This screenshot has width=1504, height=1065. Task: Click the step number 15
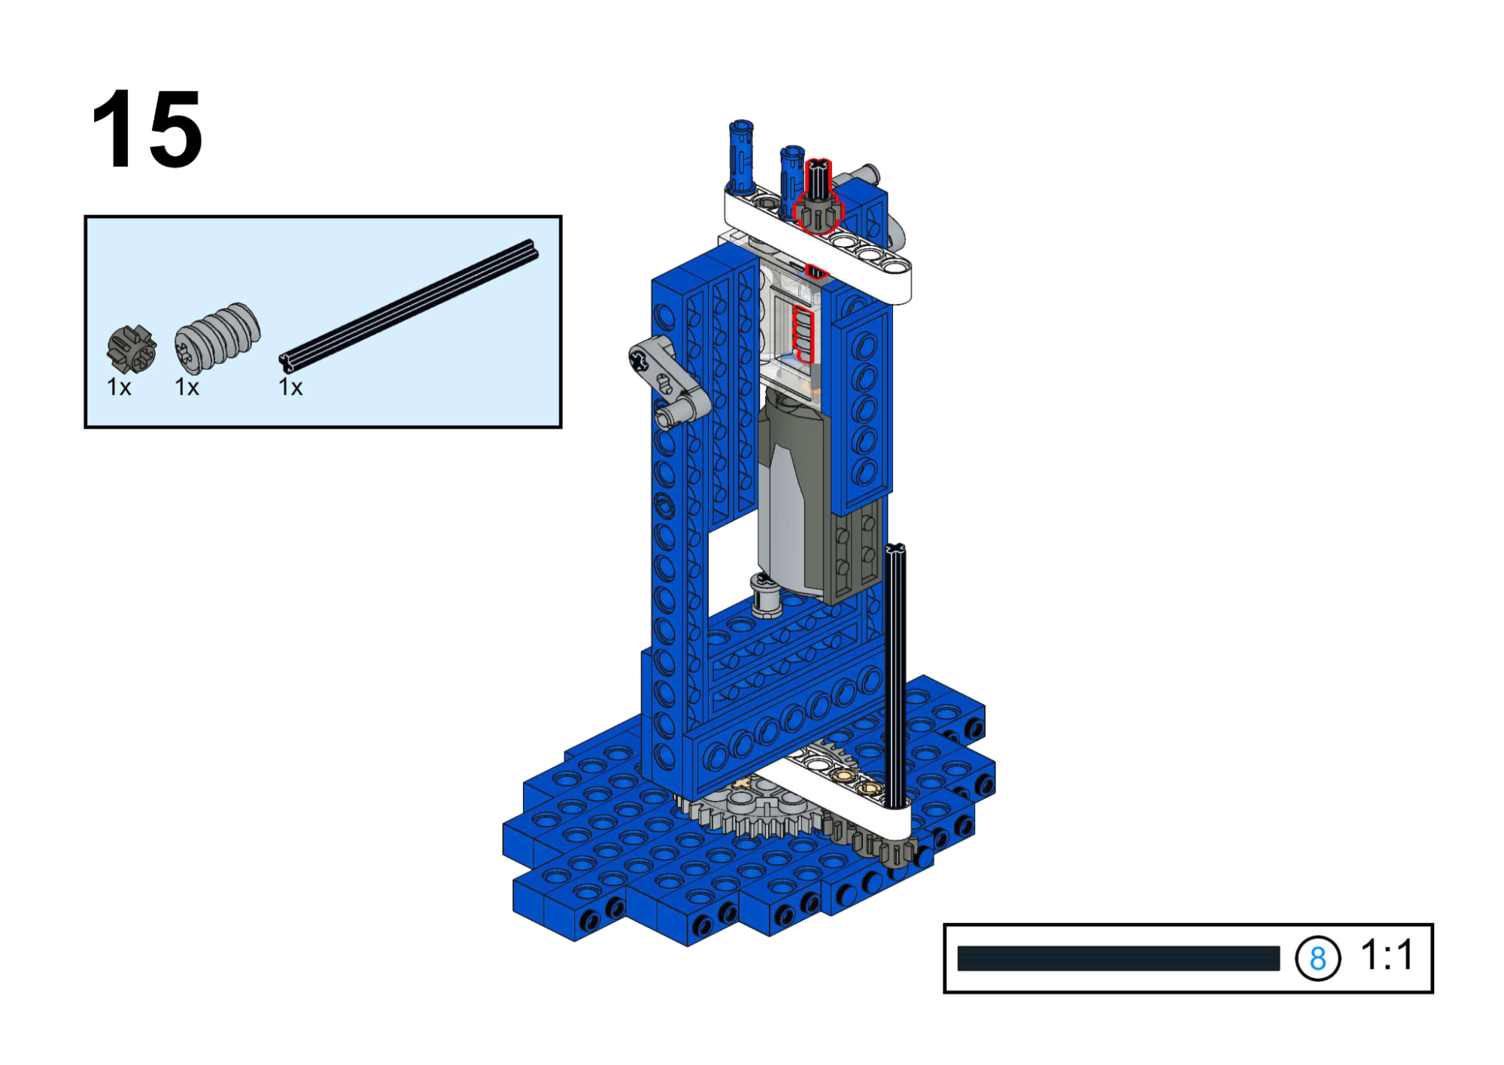pos(147,129)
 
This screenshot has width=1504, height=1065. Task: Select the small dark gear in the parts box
pos(132,349)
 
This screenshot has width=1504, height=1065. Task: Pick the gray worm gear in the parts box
pos(217,338)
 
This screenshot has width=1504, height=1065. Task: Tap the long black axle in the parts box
pos(409,305)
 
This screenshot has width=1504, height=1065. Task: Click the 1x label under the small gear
pos(119,387)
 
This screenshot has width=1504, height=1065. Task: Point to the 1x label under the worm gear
pos(187,387)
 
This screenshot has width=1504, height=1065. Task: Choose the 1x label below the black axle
pos(290,387)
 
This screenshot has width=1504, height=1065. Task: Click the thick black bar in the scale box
pos(1118,958)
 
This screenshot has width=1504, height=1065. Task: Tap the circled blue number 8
pos(1317,958)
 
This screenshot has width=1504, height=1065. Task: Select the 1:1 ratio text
pos(1387,955)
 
